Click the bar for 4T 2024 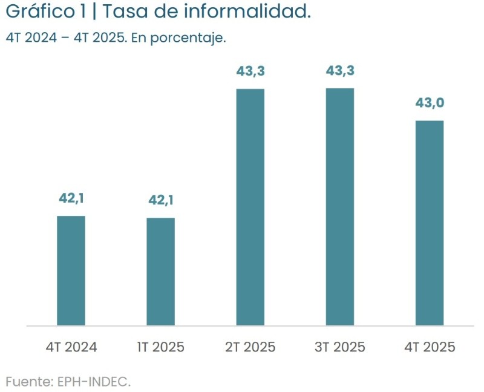71,270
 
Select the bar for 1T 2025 160,272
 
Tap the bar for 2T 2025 250,207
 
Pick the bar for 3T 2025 339,207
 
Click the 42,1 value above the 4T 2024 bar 71,198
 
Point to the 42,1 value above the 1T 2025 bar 160,200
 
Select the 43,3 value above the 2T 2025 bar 250,71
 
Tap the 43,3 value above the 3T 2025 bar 339,71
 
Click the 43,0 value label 429,103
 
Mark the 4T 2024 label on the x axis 71,347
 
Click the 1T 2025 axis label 160,347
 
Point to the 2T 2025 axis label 250,347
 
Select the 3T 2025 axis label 339,347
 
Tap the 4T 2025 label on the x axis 429,347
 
